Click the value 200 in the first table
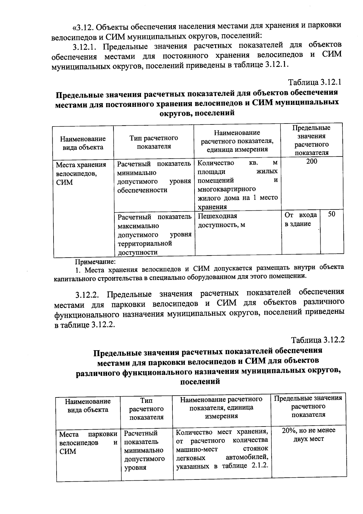[311, 161]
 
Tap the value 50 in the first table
[332, 214]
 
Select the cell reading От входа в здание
[300, 219]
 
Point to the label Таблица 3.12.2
[318, 340]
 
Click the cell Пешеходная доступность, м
[221, 220]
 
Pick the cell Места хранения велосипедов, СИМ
[81, 173]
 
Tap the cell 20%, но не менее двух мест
[309, 434]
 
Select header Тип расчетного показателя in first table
[154, 142]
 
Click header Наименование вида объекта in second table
[88, 406]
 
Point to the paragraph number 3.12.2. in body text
[88, 294]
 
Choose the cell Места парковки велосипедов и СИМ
[88, 443]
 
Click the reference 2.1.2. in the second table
[260, 465]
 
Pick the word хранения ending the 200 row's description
[212, 207]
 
